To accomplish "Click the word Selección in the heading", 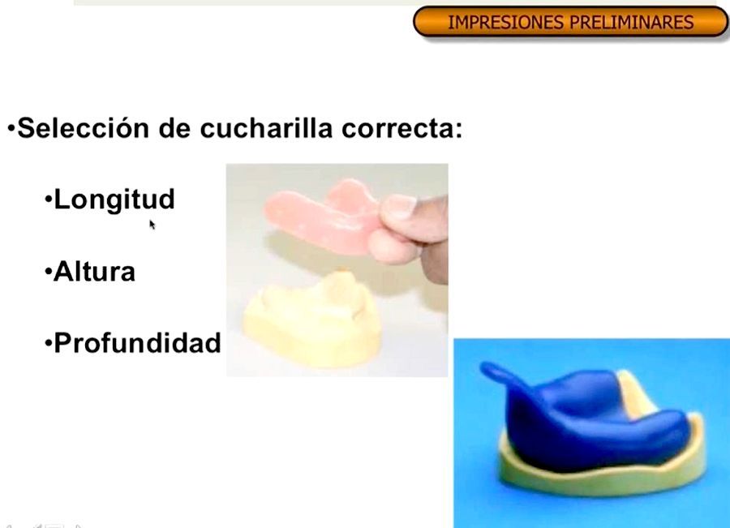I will coord(82,129).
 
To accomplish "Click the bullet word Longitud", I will coord(114,200).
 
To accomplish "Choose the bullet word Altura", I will coord(94,272).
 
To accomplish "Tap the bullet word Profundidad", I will coord(137,343).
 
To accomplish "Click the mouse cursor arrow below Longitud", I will coord(152,224).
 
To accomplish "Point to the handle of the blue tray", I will coord(502,377).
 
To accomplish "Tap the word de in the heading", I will coord(174,129).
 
